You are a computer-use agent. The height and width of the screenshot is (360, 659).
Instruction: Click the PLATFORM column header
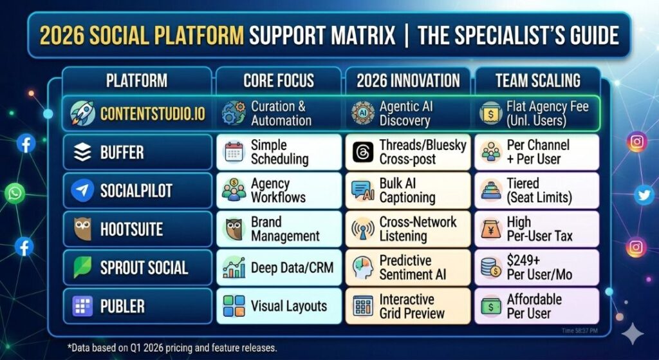tap(136, 81)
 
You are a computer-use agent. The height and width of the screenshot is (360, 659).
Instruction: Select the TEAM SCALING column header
tap(537, 81)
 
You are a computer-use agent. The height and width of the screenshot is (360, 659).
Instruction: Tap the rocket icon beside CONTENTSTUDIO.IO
tap(83, 113)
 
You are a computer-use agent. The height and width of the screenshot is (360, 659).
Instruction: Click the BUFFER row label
tap(122, 153)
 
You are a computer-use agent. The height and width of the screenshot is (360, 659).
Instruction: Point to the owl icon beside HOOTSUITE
tap(82, 229)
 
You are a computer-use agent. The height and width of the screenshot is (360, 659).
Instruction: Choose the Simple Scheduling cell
tap(279, 152)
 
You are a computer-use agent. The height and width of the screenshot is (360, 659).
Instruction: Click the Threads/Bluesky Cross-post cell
tap(409, 152)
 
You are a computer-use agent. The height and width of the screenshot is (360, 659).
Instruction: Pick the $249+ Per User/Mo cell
tap(537, 267)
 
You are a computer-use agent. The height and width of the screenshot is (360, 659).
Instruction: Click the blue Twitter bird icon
tap(644, 195)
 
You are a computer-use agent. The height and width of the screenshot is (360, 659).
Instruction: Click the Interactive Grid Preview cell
tap(409, 306)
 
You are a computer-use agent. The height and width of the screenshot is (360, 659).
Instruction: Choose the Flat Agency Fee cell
tap(537, 113)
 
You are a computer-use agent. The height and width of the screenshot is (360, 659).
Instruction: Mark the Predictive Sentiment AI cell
tap(409, 267)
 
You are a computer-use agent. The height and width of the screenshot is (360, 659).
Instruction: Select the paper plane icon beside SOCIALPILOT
tap(82, 191)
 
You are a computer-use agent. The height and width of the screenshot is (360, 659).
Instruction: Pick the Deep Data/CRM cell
tap(279, 267)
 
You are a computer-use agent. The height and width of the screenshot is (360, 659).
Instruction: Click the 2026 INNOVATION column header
tap(409, 81)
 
